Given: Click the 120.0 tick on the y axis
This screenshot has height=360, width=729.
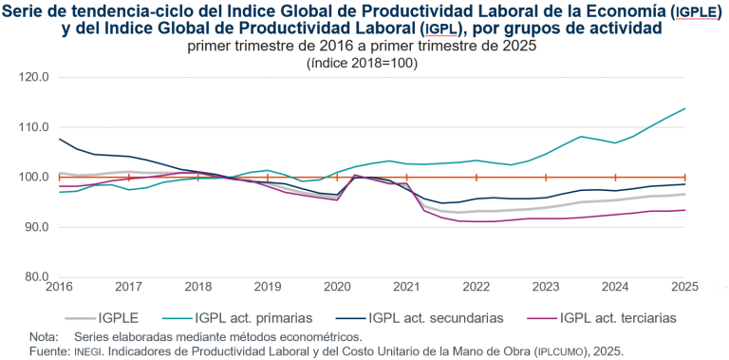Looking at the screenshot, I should pos(33,77).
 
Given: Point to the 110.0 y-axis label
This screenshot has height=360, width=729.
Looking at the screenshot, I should pos(33,127).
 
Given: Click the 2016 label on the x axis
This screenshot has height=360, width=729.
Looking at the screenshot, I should pos(59,287).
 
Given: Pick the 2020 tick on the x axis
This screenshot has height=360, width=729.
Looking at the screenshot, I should pos(337,287).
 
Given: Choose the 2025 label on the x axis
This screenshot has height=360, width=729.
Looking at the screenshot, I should pos(684,287).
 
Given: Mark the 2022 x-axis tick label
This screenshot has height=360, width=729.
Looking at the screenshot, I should pos(476,287).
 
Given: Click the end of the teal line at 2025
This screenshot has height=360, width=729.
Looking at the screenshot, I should pos(685,108).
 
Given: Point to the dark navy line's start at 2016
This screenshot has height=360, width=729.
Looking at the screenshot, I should pos(59,140).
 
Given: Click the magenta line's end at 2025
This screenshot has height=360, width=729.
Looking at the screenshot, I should pos(685,211).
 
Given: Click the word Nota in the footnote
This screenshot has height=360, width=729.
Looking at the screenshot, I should pos(44,337).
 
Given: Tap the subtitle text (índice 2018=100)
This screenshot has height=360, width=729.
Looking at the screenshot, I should pos(362,62).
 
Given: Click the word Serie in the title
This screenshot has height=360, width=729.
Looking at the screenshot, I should pos(28,10).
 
